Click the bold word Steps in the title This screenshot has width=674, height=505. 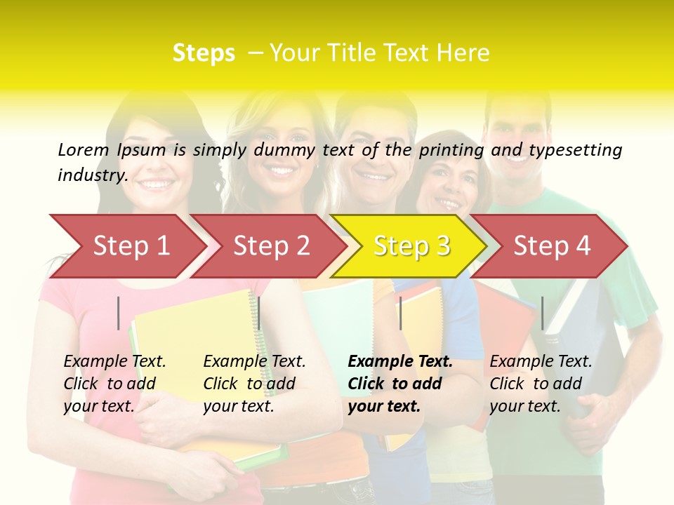[x=204, y=53]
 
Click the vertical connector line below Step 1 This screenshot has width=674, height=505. [x=119, y=313]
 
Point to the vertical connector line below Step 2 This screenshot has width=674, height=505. [x=259, y=313]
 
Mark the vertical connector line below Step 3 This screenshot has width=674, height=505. [x=400, y=313]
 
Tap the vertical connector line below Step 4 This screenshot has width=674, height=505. [x=542, y=313]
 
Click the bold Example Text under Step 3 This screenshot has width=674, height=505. [x=400, y=384]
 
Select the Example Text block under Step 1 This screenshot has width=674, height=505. [x=114, y=384]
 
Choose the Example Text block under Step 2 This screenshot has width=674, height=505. [x=254, y=384]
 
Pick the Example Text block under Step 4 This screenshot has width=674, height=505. [x=541, y=384]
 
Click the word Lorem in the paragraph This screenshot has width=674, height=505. [x=84, y=149]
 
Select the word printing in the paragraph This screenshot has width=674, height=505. [x=451, y=149]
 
